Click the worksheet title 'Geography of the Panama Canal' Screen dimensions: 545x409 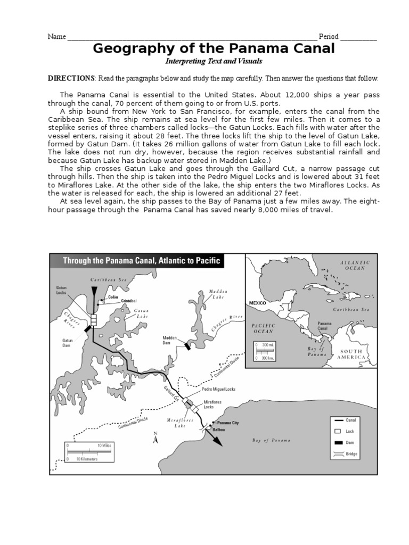point(214,49)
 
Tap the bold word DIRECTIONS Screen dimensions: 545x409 point(71,78)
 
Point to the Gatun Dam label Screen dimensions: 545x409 point(68,342)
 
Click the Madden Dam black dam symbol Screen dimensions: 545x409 point(187,346)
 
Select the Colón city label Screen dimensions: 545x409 point(113,296)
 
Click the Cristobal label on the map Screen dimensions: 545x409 point(128,301)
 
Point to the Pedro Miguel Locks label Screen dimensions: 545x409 point(219,390)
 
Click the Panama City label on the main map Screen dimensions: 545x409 point(228,422)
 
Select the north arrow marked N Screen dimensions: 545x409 point(155,439)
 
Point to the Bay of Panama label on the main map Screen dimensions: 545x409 point(271,441)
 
